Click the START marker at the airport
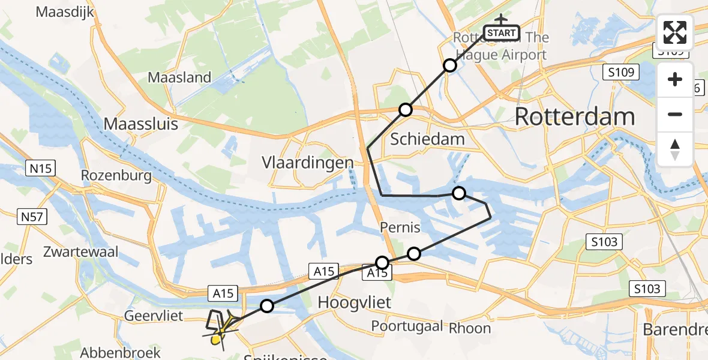pyautogui.click(x=501, y=32)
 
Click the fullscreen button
pyautogui.click(x=675, y=32)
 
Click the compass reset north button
pyautogui.click(x=675, y=149)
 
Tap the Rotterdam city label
pyautogui.click(x=574, y=116)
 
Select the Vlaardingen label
pyautogui.click(x=307, y=163)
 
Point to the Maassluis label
pyautogui.click(x=142, y=124)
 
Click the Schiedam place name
pyautogui.click(x=427, y=139)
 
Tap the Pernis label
pyautogui.click(x=400, y=228)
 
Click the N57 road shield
pyautogui.click(x=31, y=216)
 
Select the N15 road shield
pyautogui.click(x=41, y=169)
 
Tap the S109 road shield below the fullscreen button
pyautogui.click(x=620, y=73)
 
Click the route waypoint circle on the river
pyautogui.click(x=459, y=193)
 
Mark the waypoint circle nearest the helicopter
pyautogui.click(x=267, y=307)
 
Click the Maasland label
pyautogui.click(x=179, y=77)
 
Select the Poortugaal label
pyautogui.click(x=407, y=326)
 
